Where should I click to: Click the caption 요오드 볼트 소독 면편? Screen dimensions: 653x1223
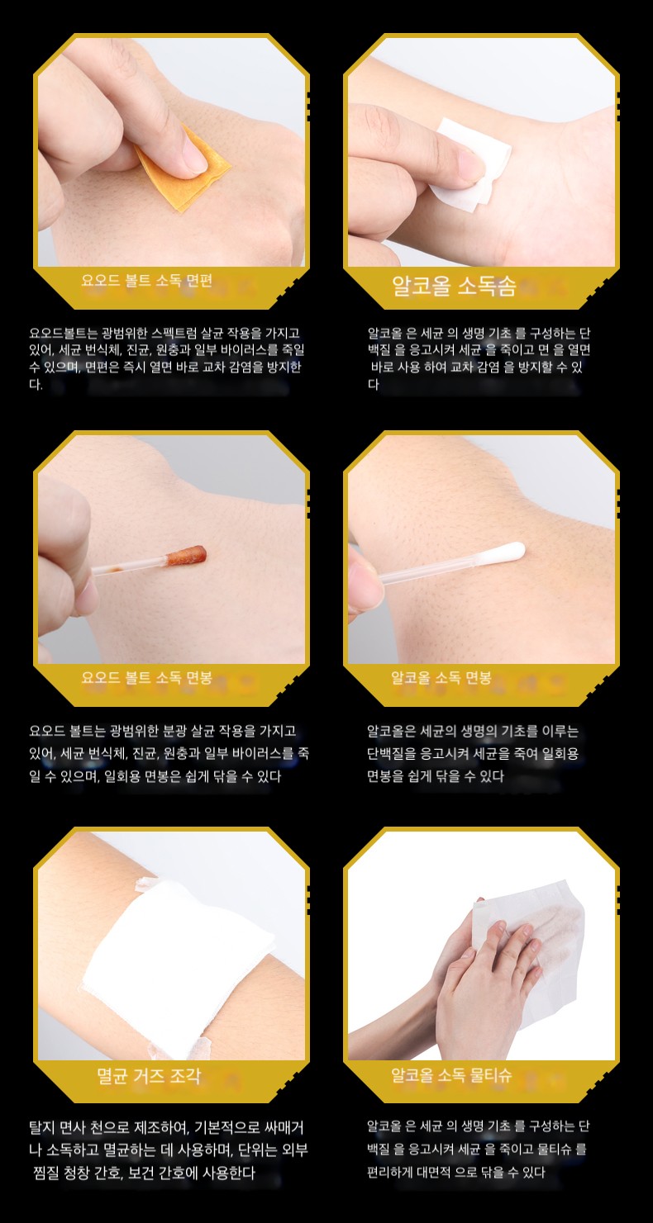pyautogui.click(x=146, y=281)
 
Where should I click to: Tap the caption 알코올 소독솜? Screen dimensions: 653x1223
pyautogui.click(x=454, y=286)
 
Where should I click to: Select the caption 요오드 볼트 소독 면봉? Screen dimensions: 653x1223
pyautogui.click(x=146, y=678)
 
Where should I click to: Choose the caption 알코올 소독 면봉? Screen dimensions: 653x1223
pyautogui.click(x=441, y=678)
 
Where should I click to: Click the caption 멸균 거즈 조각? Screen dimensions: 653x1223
pyautogui.click(x=149, y=1075)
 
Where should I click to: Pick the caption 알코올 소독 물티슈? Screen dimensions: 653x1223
pyautogui.click(x=451, y=1075)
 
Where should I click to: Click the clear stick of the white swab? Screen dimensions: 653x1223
pyautogui.click(x=431, y=569)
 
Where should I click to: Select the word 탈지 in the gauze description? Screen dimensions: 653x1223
pyautogui.click(x=40, y=1127)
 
